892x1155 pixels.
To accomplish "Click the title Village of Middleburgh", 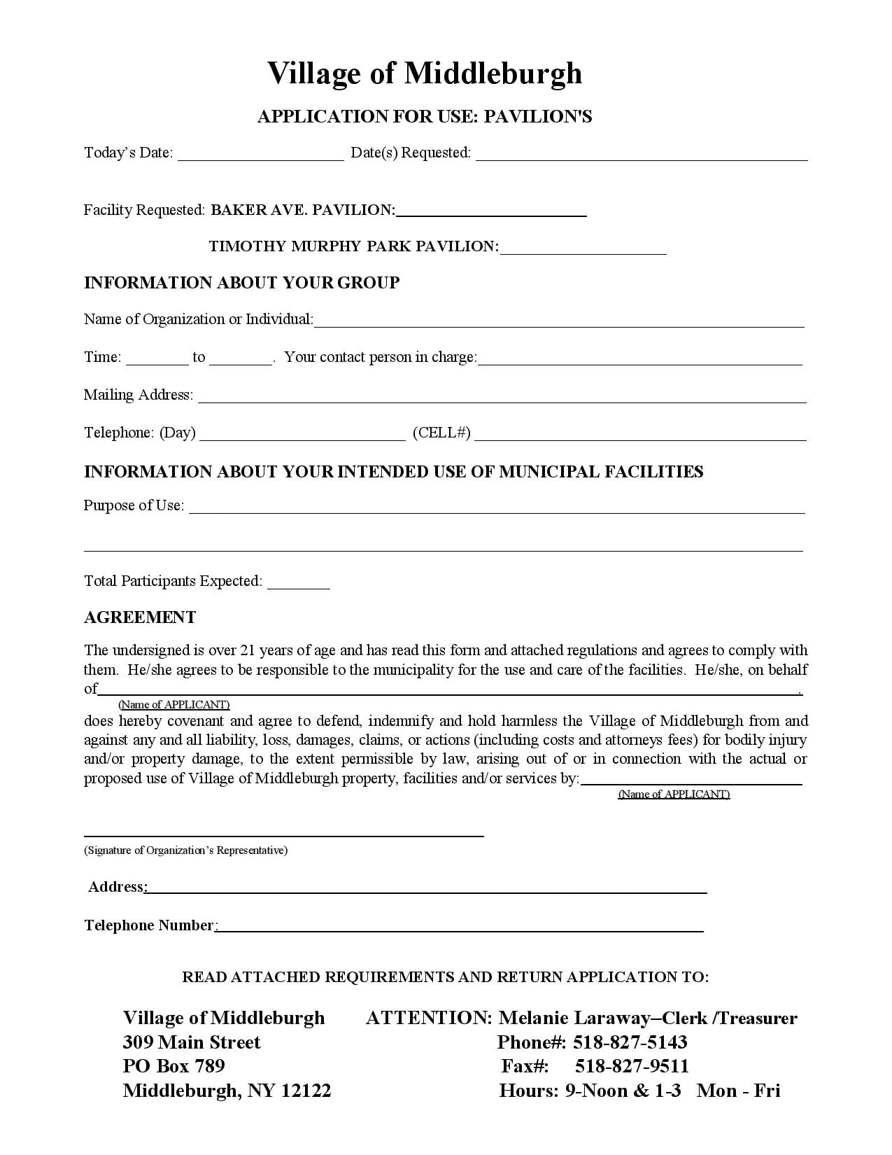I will [x=424, y=73].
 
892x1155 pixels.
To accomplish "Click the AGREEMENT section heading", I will [x=140, y=617].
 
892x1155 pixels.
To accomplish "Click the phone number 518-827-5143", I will [x=630, y=1042].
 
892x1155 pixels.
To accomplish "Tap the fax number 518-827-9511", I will [x=632, y=1066].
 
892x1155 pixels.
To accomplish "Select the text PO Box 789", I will [x=174, y=1066].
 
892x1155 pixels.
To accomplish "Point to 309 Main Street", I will [x=191, y=1042].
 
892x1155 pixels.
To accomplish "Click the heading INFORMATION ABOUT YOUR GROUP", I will [x=241, y=283].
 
